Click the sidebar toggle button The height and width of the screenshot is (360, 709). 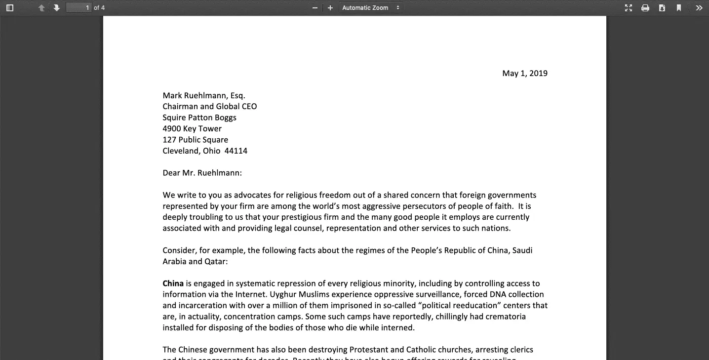click(10, 8)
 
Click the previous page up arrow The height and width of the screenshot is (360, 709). click(41, 8)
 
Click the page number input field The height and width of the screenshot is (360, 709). click(79, 8)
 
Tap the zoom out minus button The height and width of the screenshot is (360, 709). click(315, 8)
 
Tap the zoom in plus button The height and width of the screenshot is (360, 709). click(330, 8)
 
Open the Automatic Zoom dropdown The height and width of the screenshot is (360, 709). click(371, 8)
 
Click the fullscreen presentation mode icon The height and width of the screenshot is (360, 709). click(629, 8)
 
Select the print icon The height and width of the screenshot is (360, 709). click(645, 8)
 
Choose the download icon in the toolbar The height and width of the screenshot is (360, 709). click(662, 8)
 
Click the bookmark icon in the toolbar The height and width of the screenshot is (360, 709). click(679, 8)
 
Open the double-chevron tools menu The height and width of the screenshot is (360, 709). click(699, 8)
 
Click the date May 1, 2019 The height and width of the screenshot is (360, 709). click(525, 74)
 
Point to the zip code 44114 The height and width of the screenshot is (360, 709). click(236, 151)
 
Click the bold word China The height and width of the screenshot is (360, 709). click(173, 283)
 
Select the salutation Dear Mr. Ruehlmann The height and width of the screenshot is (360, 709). click(202, 173)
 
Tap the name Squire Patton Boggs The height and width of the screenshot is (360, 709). click(199, 118)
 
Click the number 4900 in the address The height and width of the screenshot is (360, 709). click(171, 129)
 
